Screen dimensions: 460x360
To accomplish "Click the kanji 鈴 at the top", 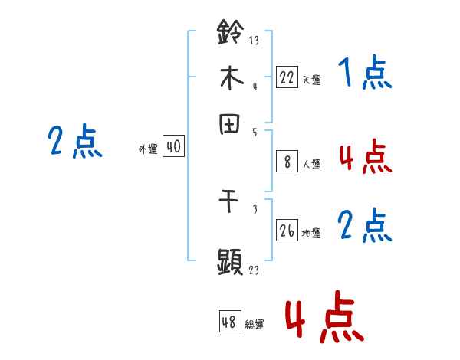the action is (x=230, y=33).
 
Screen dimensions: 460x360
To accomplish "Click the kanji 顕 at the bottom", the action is (x=230, y=260).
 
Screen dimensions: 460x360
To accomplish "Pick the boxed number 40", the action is (x=174, y=147).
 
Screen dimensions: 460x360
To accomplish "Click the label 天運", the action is (x=311, y=79).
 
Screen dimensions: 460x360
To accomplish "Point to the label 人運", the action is (x=311, y=164).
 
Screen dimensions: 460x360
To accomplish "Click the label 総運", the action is (x=255, y=325).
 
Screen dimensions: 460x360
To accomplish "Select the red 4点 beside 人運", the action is (x=365, y=158).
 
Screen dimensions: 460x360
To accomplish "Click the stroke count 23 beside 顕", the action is (x=254, y=270).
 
